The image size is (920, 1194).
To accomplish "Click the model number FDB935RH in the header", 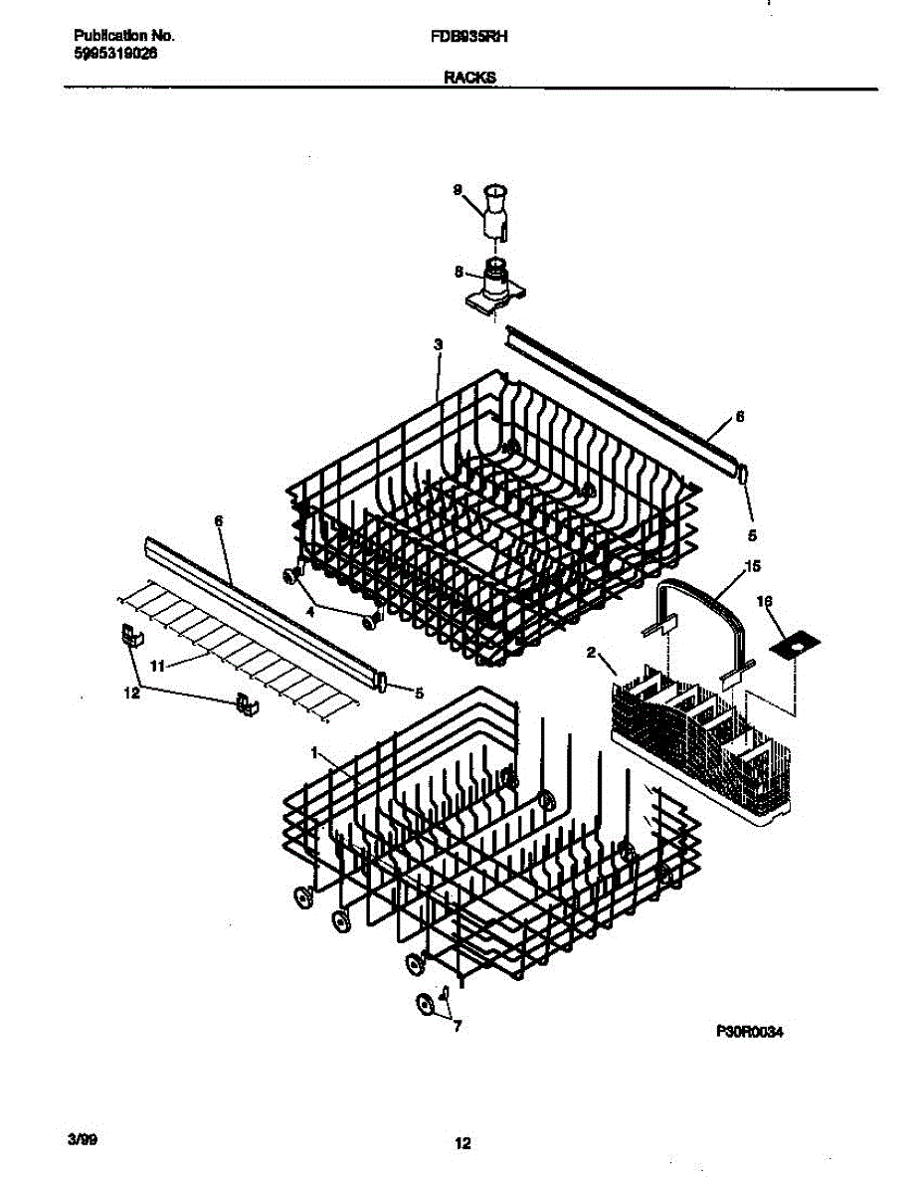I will [x=463, y=35].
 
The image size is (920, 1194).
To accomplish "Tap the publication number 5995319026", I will [x=115, y=54].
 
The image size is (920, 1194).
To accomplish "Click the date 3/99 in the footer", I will [x=85, y=1135].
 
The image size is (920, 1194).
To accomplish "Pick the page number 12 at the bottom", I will [x=461, y=1144].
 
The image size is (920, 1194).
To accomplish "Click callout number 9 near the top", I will [x=459, y=189].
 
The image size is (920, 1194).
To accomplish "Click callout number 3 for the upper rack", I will [x=438, y=344].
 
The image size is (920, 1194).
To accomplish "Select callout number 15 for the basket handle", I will [x=753, y=566].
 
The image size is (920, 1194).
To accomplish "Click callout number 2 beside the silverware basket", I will [x=591, y=653].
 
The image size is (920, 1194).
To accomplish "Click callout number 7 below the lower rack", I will [x=457, y=1027].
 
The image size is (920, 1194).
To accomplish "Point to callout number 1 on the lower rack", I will [x=316, y=754].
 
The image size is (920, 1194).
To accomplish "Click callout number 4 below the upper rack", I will [x=309, y=614].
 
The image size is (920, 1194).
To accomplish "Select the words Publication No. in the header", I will [x=124, y=36].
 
